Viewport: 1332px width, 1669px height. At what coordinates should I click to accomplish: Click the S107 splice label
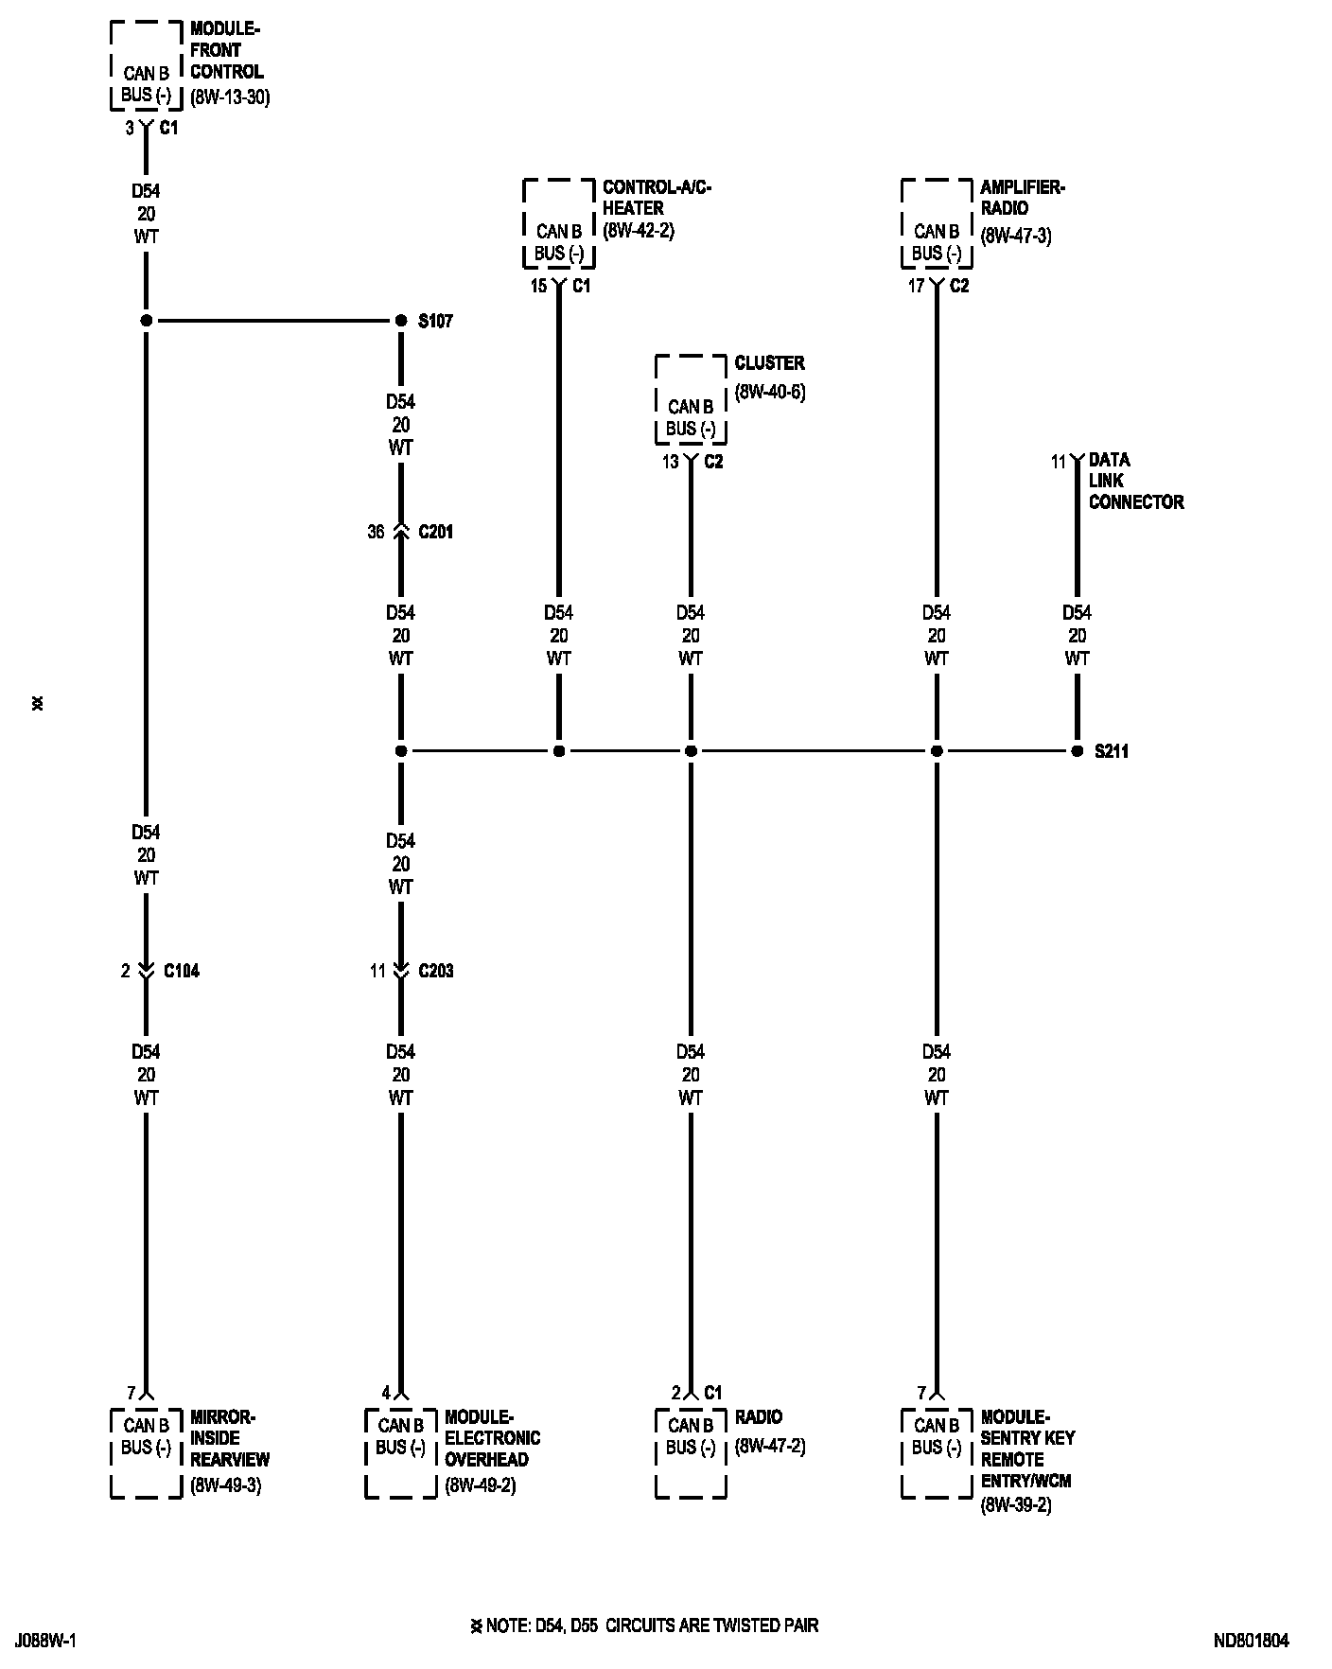pos(435,322)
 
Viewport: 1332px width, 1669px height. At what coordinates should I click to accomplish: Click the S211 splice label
pos(1112,752)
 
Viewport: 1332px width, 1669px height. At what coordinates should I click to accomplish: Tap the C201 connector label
pos(435,533)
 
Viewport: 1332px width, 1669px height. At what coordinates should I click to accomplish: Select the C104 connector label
pos(182,972)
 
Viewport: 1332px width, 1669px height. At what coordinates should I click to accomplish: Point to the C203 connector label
pos(435,972)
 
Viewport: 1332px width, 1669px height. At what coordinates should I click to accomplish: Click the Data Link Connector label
pos(1135,482)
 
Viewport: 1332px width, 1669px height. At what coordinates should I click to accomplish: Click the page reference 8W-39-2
pos(1016,1504)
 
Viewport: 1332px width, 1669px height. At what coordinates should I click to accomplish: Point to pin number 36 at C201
pos(376,533)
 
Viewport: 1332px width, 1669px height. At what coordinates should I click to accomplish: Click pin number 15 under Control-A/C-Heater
pos(538,287)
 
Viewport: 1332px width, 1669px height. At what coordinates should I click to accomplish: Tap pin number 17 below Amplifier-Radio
pos(916,287)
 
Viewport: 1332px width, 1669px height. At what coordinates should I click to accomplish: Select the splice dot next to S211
pos(1077,751)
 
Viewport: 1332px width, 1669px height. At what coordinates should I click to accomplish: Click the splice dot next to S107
pos(400,322)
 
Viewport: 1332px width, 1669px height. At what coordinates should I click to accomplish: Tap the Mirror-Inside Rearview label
pos(230,1438)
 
